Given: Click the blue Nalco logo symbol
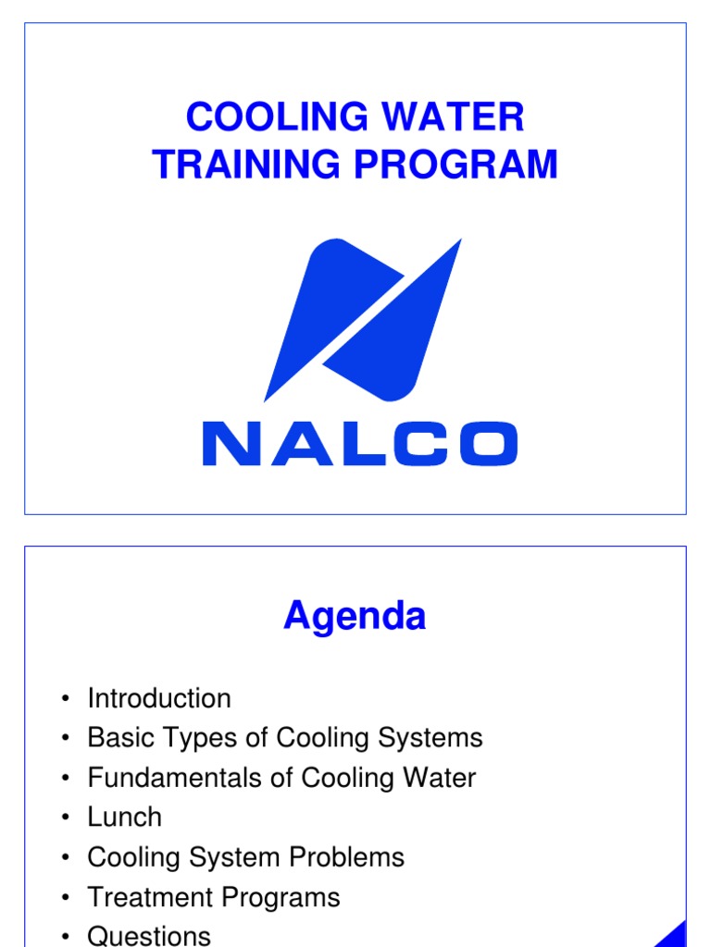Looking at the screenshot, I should point(363,319).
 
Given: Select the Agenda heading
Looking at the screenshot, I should point(355,616).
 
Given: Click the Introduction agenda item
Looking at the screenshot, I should point(159,698).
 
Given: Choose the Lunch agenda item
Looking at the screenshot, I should point(124,818).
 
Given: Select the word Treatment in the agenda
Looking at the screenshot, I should point(143,897).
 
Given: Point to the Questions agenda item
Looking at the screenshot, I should point(149,936).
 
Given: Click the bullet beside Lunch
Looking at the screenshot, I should point(65,818).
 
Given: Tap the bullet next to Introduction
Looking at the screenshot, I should point(65,699).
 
